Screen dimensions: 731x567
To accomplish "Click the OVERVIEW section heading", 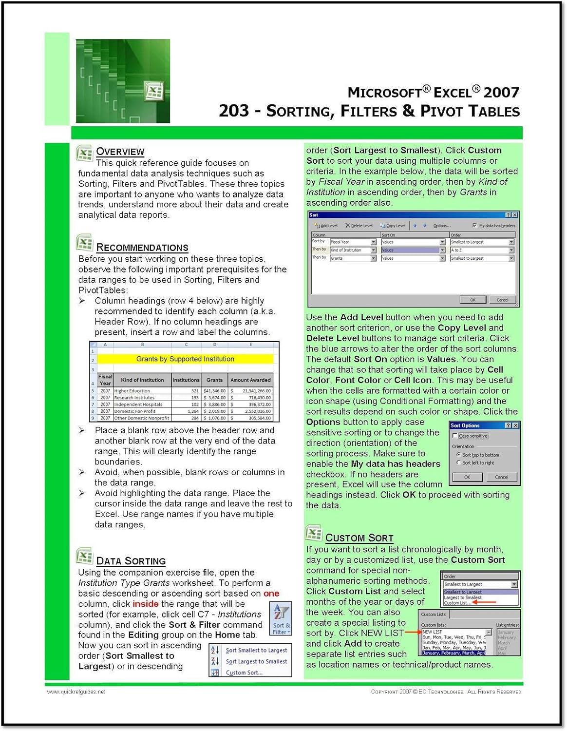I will (x=120, y=152).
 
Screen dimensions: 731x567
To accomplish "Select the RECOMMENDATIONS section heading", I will (x=142, y=248).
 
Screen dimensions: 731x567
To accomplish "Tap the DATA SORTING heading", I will (x=131, y=561).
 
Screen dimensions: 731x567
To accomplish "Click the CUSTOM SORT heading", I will (x=359, y=538).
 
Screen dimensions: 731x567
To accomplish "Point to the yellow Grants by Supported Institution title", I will (x=185, y=359).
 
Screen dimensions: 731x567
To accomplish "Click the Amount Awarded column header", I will (x=250, y=380).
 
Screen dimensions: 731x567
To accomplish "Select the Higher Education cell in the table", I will (x=132, y=391).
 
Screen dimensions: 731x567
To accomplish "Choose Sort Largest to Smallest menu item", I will (x=256, y=661).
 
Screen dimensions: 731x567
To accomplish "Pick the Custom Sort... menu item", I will (x=244, y=673).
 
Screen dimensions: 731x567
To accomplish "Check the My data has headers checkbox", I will (x=475, y=226).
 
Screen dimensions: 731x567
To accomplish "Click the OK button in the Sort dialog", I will (x=472, y=300).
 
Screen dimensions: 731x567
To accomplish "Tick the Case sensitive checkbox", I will (x=455, y=436).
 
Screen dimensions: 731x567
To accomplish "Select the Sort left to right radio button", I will (x=459, y=462).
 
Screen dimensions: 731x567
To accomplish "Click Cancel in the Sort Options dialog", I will (x=501, y=477).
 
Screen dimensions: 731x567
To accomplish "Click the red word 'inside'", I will (x=145, y=604).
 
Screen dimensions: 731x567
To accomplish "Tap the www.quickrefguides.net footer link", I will (x=76, y=692).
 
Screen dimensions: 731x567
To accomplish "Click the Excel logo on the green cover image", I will (x=154, y=91).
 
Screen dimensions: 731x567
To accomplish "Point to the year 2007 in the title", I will (x=502, y=92).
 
